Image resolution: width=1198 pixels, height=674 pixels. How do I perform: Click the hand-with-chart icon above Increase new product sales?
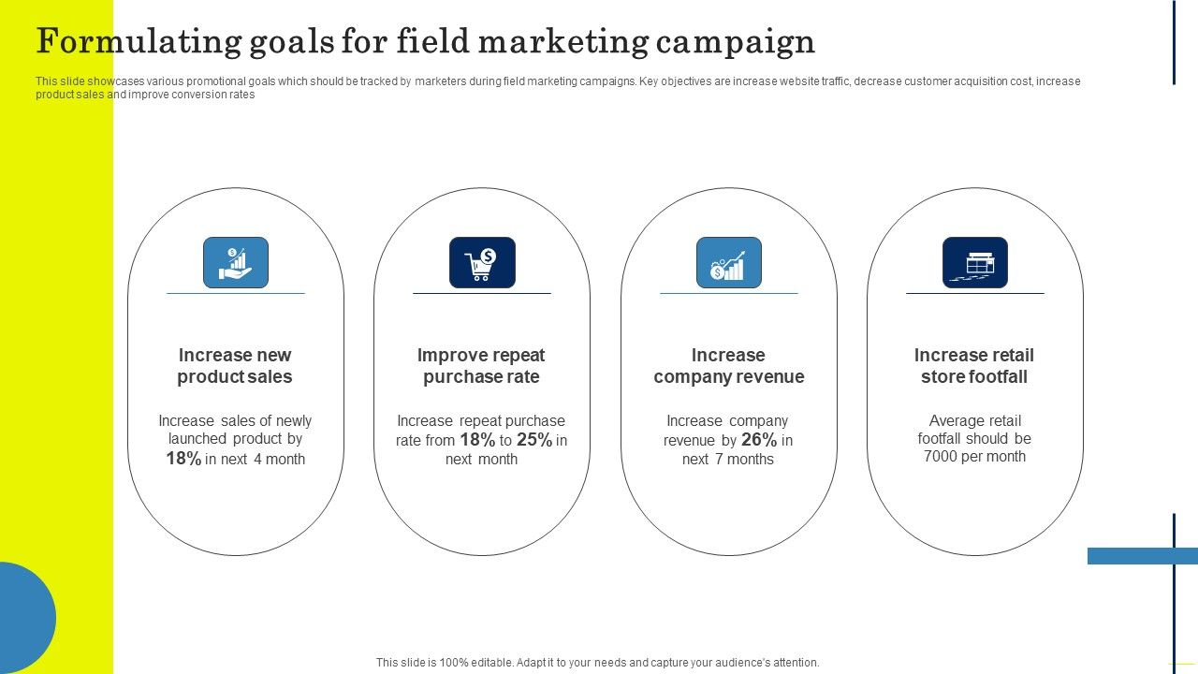pos(236,262)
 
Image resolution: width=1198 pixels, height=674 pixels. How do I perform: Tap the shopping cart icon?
pos(482,262)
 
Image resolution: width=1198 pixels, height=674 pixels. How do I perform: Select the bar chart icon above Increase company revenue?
pos(728,262)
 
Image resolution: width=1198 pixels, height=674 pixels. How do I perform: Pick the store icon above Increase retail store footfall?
pos(974,262)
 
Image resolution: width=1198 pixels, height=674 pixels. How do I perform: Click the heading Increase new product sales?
pos(235,366)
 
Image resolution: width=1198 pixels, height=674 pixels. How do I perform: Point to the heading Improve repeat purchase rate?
pos(481,366)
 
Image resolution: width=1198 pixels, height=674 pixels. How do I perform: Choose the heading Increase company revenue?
pos(728,366)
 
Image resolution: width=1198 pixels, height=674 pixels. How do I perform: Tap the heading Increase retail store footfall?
pos(974,366)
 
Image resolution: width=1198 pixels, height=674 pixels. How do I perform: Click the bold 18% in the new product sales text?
pos(183,459)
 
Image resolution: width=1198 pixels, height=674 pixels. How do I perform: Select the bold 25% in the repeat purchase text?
pos(533,440)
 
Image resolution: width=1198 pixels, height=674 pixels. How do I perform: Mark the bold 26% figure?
pos(759,440)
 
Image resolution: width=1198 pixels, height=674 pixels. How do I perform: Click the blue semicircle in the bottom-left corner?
pos(26,618)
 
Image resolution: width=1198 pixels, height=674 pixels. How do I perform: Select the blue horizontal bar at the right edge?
pos(1142,556)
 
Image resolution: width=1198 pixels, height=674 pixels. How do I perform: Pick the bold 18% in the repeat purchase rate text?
pos(476,440)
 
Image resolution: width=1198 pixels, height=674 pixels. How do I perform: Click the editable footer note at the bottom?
pos(598,663)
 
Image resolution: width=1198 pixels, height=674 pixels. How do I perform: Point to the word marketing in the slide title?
pos(556,42)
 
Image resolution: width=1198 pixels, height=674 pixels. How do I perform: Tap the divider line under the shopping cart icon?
pos(482,293)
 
